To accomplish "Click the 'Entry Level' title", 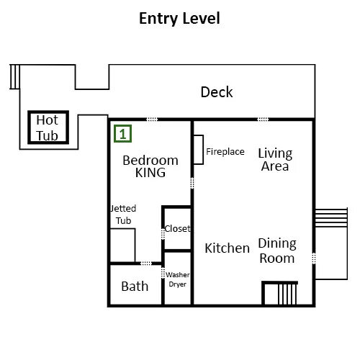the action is click(x=179, y=19).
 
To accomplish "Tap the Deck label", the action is click(x=217, y=92).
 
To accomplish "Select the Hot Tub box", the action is click(x=48, y=127).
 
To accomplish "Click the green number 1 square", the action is click(x=122, y=134).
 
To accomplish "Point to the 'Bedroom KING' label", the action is click(x=150, y=166).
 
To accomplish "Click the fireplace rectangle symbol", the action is click(x=199, y=150).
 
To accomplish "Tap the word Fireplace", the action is click(x=225, y=152).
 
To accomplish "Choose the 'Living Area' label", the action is click(x=275, y=160).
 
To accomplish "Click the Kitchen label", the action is click(x=228, y=248).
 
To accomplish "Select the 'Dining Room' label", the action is click(x=277, y=251).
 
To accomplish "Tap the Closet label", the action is click(x=178, y=228).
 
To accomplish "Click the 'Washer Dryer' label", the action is click(x=178, y=279).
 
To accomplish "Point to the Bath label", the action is click(x=135, y=287).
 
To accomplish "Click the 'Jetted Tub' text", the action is click(x=123, y=215).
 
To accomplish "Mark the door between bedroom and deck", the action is click(x=152, y=120).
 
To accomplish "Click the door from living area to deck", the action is click(x=263, y=120).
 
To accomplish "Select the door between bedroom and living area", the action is click(x=192, y=183).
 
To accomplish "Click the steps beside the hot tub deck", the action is click(x=14, y=76).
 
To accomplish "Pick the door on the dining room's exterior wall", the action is click(x=314, y=258).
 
